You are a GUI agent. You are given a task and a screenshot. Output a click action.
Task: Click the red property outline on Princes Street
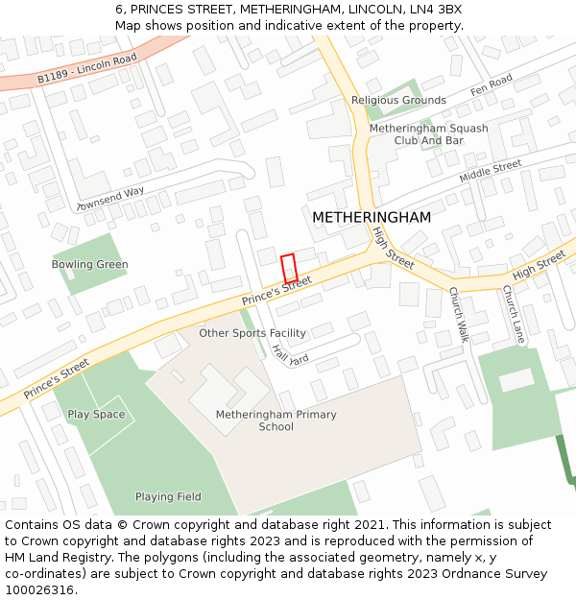289,269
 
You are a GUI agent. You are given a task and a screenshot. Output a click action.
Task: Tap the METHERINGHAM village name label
372,218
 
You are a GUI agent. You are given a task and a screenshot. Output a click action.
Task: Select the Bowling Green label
90,264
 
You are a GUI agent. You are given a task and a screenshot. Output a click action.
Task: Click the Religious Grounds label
398,100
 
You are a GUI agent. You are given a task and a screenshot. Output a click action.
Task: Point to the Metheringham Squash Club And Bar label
428,134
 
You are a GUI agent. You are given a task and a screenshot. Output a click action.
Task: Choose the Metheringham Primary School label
276,420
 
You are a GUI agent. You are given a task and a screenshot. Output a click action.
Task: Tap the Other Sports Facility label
252,333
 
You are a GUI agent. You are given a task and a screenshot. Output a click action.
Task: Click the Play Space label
96,414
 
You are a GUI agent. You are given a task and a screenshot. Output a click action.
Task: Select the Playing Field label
168,496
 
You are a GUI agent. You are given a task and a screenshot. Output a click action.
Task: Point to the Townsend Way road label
110,199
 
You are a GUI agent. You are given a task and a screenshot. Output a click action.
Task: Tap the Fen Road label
492,85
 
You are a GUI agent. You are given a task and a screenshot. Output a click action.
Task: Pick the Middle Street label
490,172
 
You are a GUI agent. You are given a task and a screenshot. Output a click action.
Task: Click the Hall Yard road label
290,355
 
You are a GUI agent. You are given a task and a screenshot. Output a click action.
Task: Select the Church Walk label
458,315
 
